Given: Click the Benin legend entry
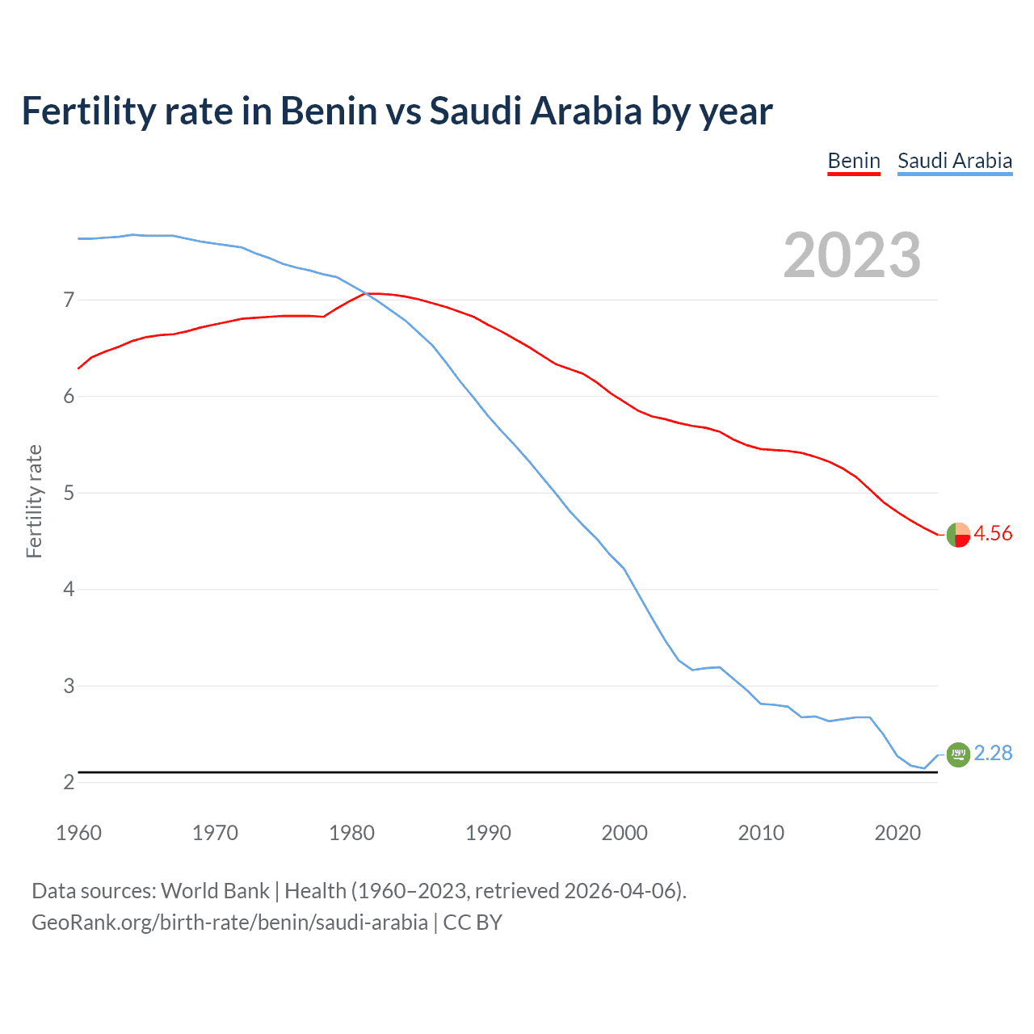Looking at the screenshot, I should pos(853,161).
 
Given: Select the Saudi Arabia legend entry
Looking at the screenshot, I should pos(954,161).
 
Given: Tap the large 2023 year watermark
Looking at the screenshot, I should pos(851,255).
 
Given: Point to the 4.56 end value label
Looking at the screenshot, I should pos(993,533).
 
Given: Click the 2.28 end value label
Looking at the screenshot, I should pos(993,753).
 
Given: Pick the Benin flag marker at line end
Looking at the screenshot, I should pos(958,534).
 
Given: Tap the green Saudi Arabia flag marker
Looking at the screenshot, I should pos(958,754).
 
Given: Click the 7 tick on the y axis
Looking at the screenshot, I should pos(69,300).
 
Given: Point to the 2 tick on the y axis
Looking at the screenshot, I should pos(69,782).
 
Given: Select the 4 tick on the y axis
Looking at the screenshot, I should pos(69,589).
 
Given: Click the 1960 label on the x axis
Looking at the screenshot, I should pos(78,833).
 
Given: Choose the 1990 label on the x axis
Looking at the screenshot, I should pos(488,833).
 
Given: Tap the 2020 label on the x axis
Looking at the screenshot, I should pos(897,833).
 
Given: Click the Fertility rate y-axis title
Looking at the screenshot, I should pos(34,501).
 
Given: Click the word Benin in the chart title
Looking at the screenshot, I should pos(328,111).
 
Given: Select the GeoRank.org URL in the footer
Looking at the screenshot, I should pos(229,923).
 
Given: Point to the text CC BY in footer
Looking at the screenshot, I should pos(473,923).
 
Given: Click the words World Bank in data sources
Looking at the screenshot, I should pos(215,891).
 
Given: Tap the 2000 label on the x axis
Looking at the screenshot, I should pos(624,833).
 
